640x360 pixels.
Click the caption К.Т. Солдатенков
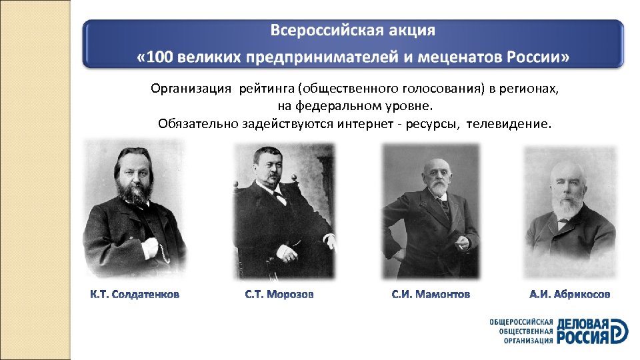pos(135,294)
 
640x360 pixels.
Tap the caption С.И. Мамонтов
pos(431,294)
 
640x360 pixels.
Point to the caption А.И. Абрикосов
pos(569,294)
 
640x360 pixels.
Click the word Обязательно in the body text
pos(193,123)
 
